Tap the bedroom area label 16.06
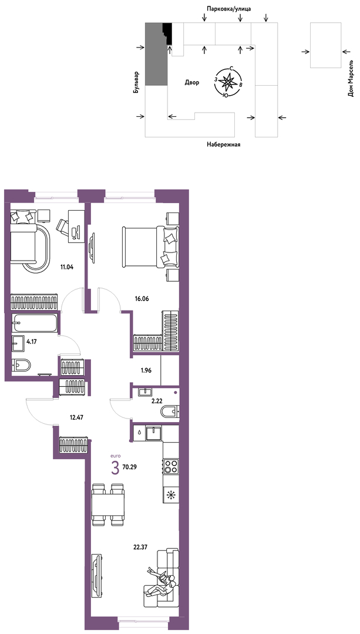[x=142, y=299]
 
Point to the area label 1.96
[x=146, y=370]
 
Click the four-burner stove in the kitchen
[x=171, y=466]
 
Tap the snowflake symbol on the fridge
[x=171, y=494]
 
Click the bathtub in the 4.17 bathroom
[x=35, y=323]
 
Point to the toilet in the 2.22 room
[x=170, y=412]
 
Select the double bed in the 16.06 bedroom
[x=150, y=247]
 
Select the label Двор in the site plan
[x=192, y=83]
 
